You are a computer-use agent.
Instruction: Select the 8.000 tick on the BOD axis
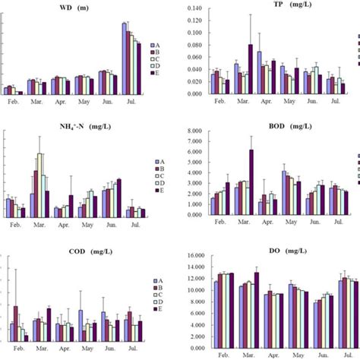[194, 131]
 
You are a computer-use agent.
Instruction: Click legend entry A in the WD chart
[156, 46]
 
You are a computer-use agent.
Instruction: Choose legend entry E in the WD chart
[156, 74]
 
